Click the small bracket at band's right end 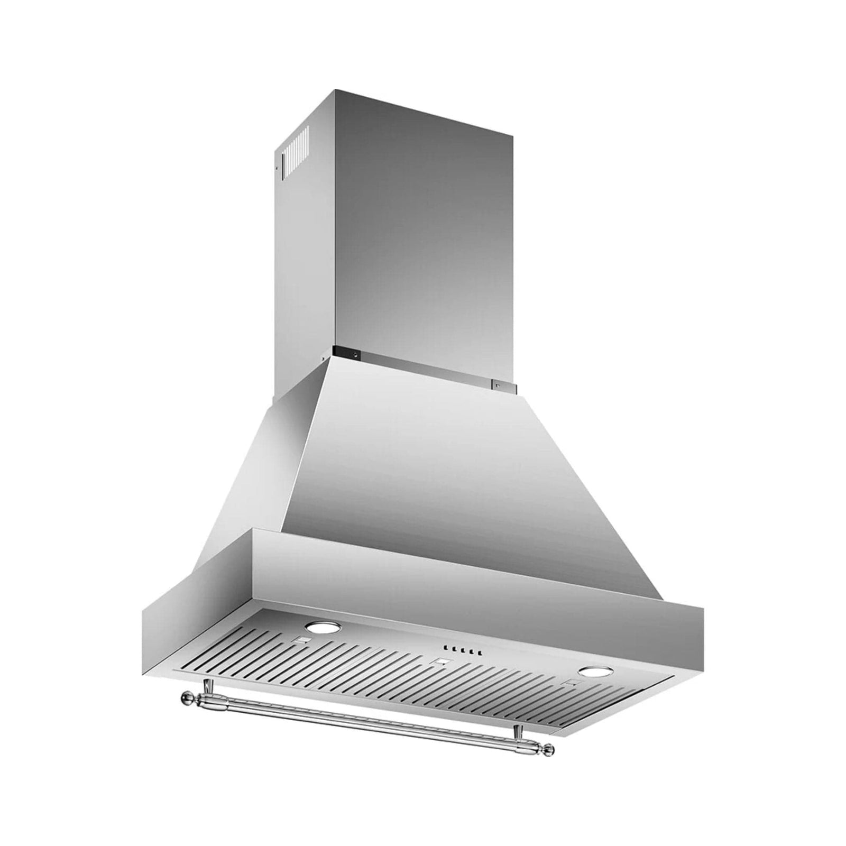pyautogui.click(x=500, y=386)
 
